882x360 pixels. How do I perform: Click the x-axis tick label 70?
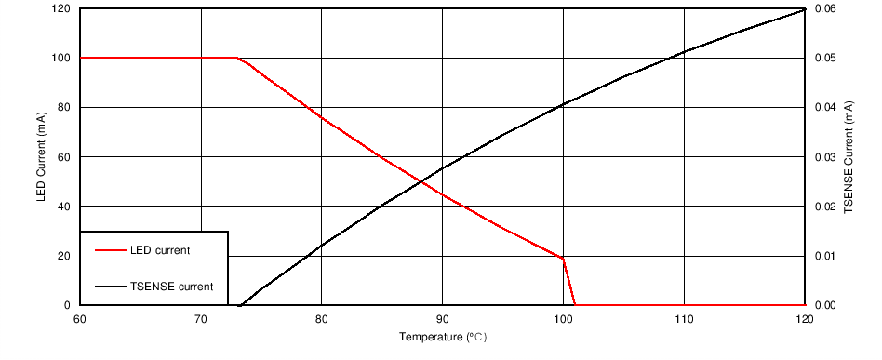click(200, 319)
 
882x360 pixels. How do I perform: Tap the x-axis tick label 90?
click(442, 319)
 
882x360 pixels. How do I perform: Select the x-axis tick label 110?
click(684, 319)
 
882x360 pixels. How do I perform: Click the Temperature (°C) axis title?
click(442, 337)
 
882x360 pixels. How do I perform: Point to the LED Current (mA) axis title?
click(41, 156)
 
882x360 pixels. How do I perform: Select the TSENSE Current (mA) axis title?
click(849, 156)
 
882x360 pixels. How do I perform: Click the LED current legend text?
click(161, 250)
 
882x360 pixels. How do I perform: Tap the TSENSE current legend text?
click(172, 287)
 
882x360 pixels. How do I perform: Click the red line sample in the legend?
click(111, 250)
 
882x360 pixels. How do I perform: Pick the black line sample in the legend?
click(111, 287)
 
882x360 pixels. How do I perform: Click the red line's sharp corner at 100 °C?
click(563, 258)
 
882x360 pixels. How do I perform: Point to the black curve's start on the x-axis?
click(241, 305)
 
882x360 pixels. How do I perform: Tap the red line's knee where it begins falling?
click(239, 58)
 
